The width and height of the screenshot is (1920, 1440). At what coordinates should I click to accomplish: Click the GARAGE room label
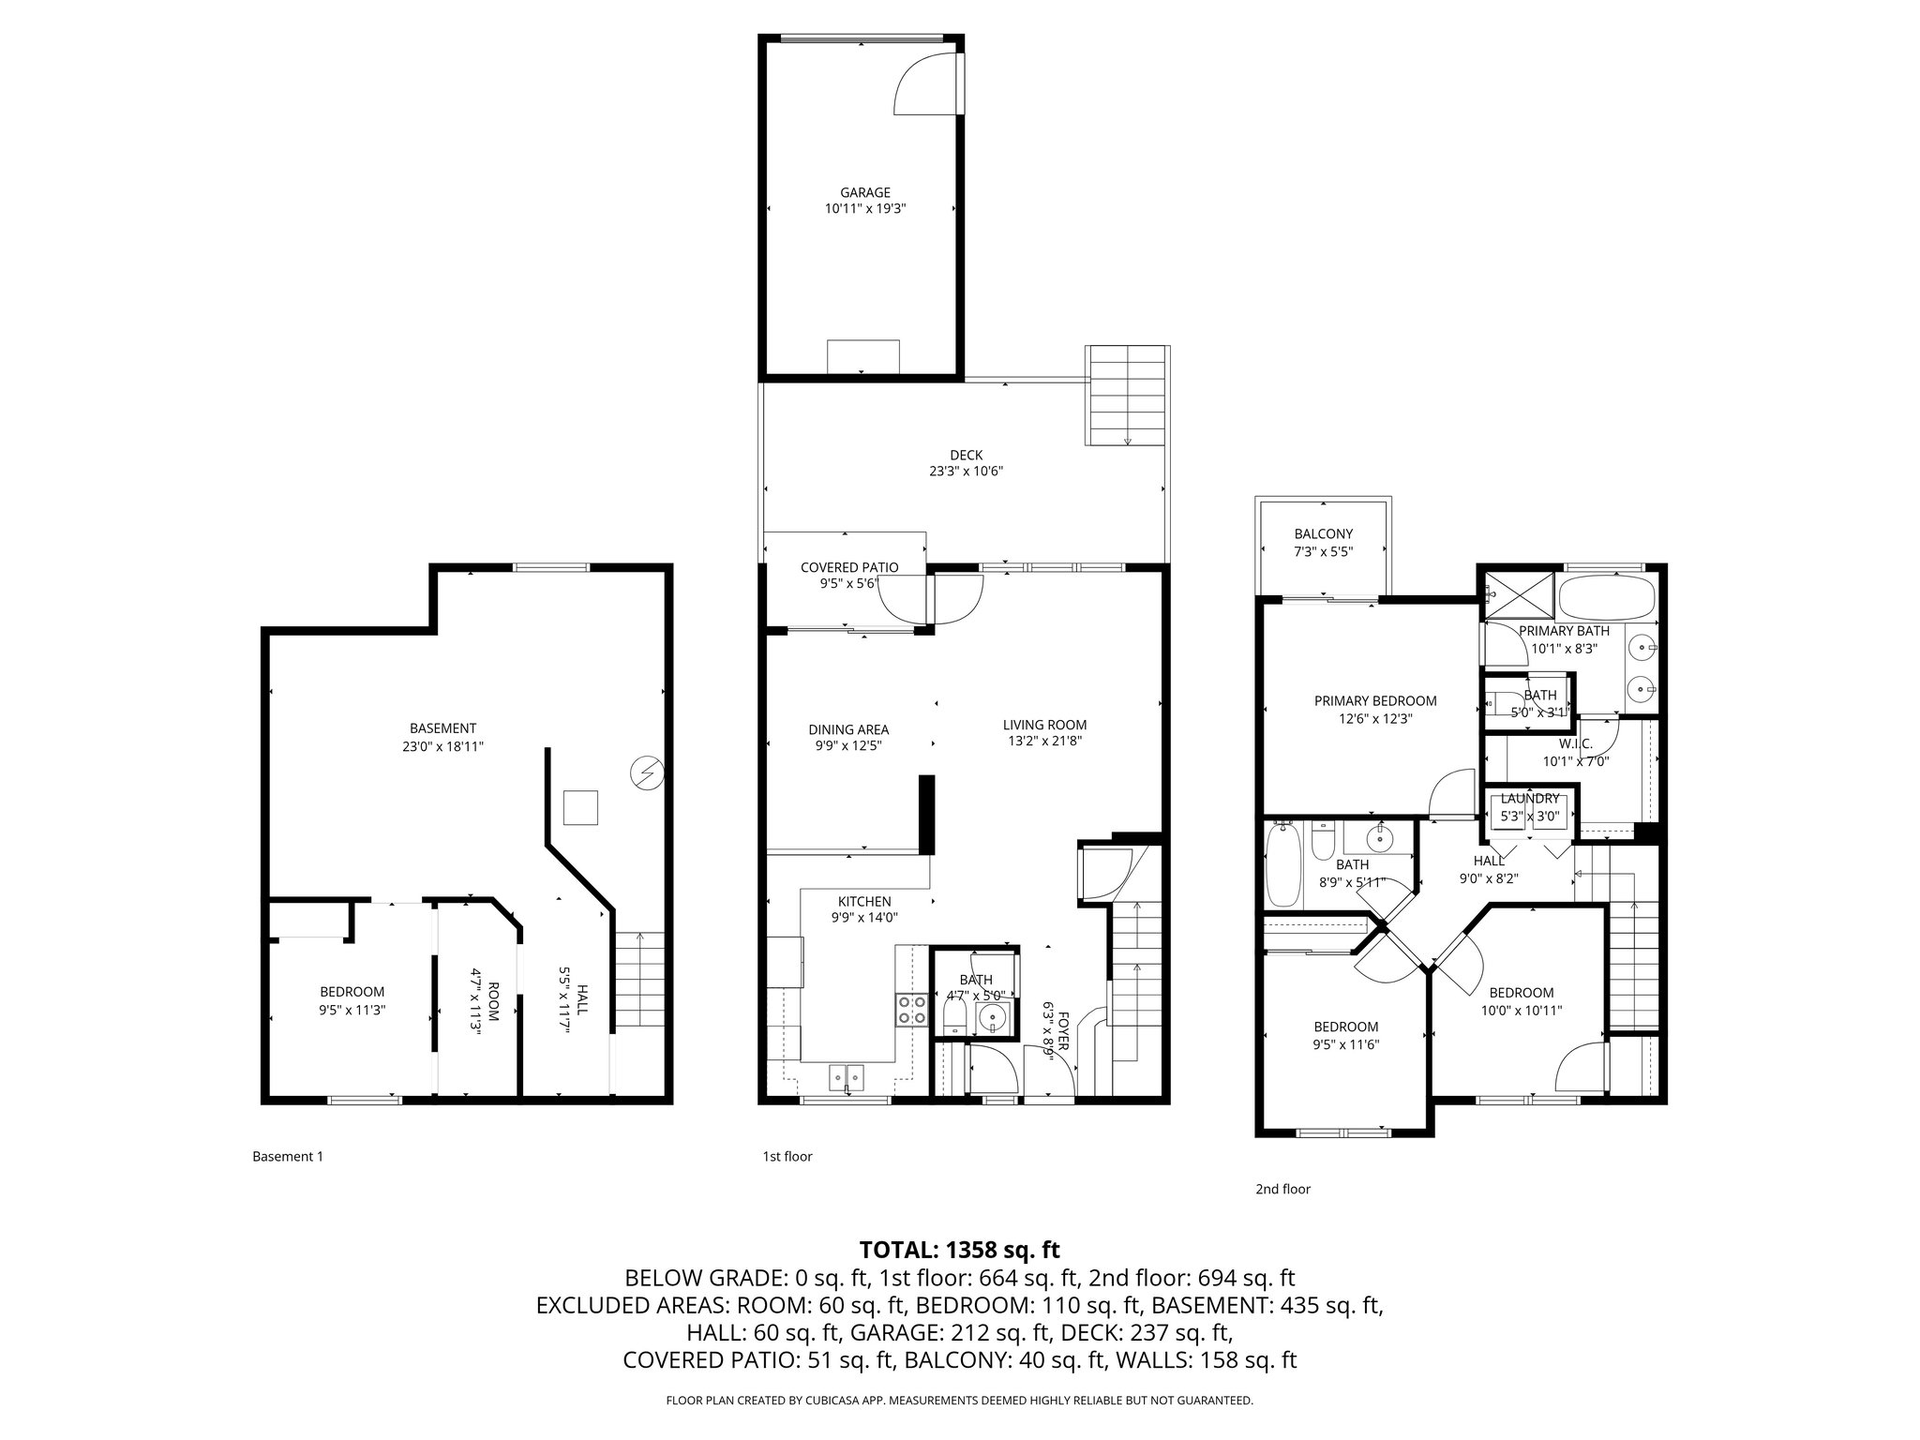click(x=864, y=193)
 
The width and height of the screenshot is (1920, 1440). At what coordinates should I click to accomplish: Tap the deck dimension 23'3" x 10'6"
click(x=966, y=472)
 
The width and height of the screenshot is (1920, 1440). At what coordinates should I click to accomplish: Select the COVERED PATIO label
click(x=848, y=567)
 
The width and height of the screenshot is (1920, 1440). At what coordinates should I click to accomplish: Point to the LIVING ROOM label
click(x=1044, y=725)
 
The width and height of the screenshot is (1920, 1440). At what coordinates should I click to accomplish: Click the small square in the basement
click(x=580, y=807)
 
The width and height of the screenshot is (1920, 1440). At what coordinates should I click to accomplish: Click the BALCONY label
click(x=1323, y=534)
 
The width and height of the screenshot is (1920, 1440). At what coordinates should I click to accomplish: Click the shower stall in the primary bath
click(x=1517, y=592)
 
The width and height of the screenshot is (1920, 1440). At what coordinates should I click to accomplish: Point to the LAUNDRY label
click(x=1529, y=799)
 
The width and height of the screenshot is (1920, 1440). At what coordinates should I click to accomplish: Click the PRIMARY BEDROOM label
click(x=1374, y=701)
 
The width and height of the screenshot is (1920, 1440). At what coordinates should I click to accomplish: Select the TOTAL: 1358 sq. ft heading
click(x=959, y=1250)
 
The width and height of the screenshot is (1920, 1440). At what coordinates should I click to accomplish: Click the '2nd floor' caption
click(x=1282, y=1189)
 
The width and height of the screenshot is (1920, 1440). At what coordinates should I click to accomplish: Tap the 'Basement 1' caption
click(x=288, y=1156)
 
